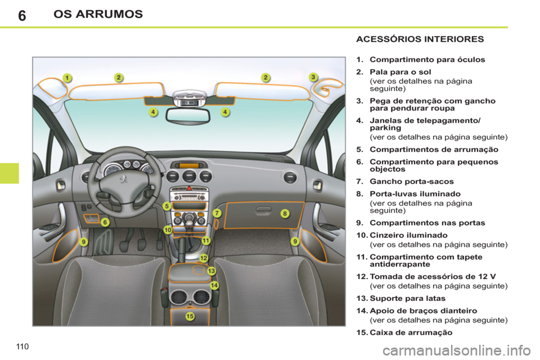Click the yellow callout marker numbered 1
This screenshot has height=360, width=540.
[x=66, y=78]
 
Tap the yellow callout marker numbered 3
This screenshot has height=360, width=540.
[x=314, y=77]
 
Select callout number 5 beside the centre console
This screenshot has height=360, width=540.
[x=167, y=206]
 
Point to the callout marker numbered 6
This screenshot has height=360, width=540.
[x=105, y=222]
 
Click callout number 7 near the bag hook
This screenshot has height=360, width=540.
[x=217, y=213]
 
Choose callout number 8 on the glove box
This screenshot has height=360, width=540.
[x=285, y=213]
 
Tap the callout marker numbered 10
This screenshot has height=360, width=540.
[x=168, y=229]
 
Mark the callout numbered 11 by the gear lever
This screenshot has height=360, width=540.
[x=206, y=240]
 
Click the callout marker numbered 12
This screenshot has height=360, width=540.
[x=204, y=258]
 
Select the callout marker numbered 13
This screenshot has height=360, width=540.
[x=211, y=271]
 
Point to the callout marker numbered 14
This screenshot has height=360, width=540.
[x=214, y=286]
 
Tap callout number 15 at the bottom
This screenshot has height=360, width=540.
[x=190, y=317]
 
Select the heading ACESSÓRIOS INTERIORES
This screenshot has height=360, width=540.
[x=419, y=39]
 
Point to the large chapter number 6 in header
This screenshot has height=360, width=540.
[x=21, y=15]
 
